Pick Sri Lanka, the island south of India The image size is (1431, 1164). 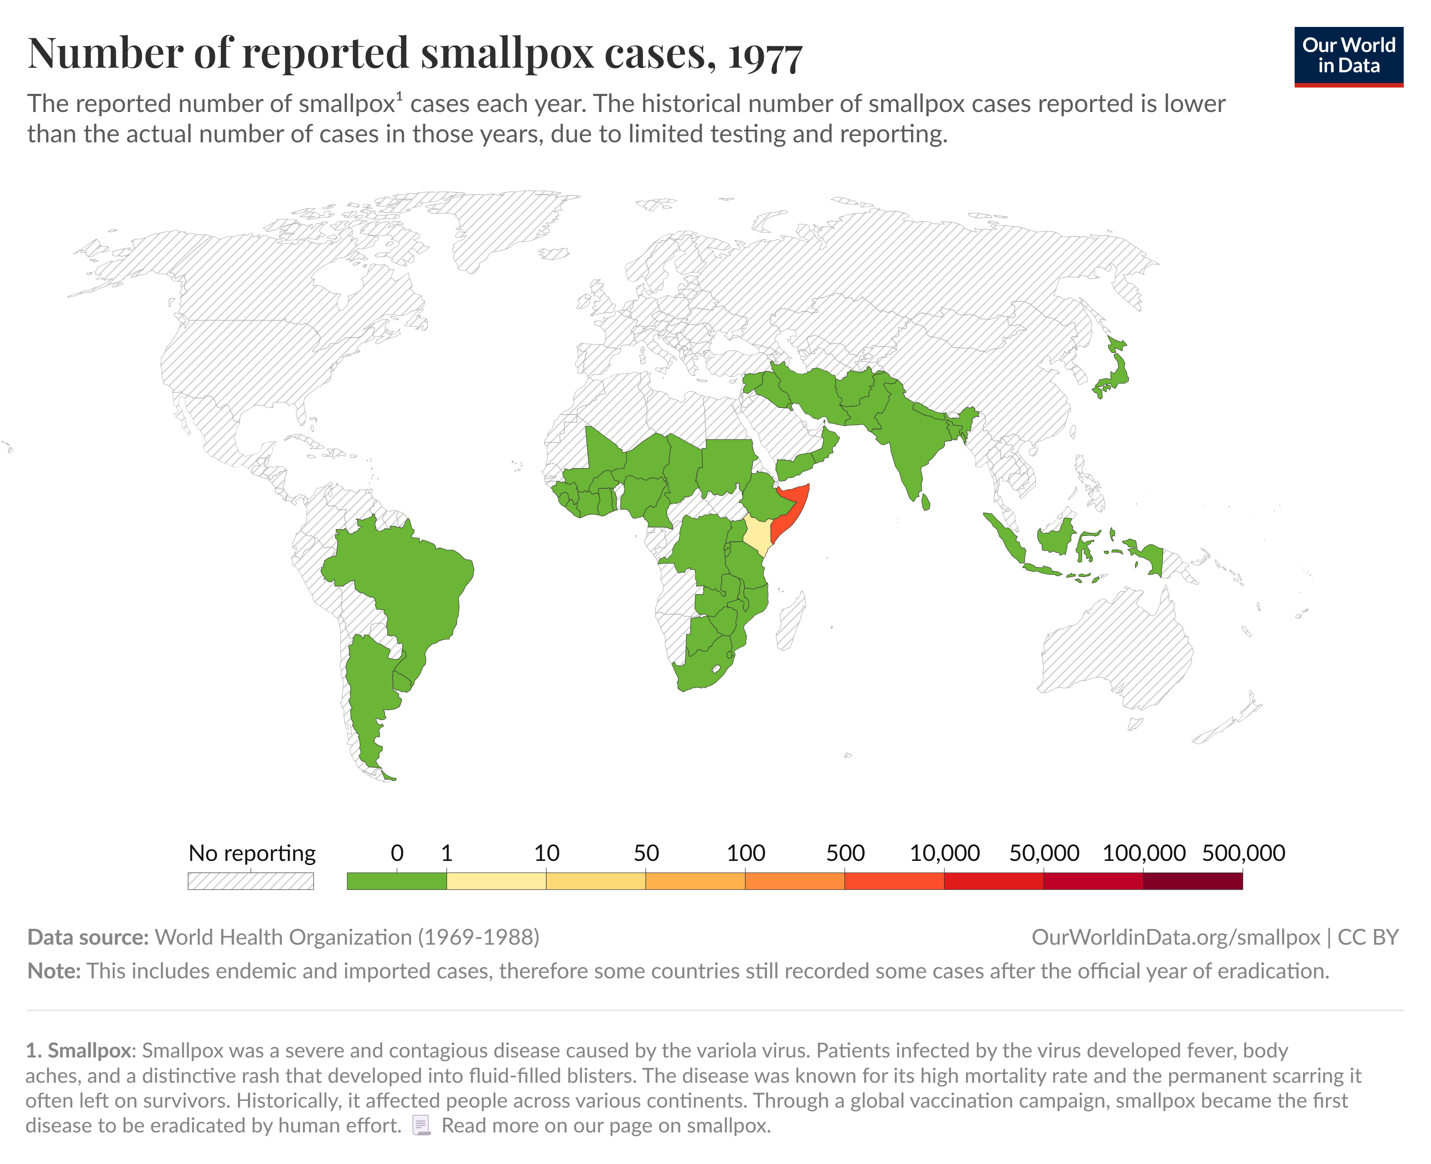926,501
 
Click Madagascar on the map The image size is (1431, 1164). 791,620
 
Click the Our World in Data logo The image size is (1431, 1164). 1348,56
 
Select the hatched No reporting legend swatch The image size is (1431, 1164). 251,880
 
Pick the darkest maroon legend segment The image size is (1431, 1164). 1192,880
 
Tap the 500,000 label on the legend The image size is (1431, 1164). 1243,853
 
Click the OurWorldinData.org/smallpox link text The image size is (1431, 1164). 1175,937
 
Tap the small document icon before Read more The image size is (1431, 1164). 421,1125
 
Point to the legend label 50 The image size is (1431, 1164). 646,853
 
